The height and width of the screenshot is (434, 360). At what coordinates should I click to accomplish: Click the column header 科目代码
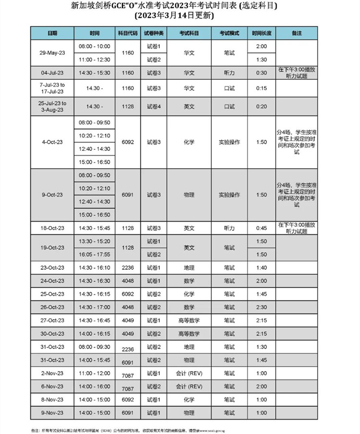[128, 33]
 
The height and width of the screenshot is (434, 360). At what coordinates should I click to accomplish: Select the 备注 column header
[296, 33]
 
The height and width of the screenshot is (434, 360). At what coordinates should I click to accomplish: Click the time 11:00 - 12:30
[95, 60]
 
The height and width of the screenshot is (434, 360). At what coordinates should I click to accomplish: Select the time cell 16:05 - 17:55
[95, 254]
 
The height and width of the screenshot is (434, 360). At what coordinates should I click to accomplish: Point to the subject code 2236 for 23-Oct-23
[128, 267]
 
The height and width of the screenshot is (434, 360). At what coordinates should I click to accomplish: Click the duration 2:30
[262, 307]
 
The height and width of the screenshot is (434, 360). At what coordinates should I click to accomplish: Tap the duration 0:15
[262, 88]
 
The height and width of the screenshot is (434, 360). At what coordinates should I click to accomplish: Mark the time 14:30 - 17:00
[95, 307]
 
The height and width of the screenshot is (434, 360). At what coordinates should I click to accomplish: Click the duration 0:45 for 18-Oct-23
[262, 228]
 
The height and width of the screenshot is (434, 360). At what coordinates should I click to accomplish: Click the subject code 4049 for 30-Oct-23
[128, 334]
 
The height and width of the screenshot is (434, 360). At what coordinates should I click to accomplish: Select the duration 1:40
[262, 267]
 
